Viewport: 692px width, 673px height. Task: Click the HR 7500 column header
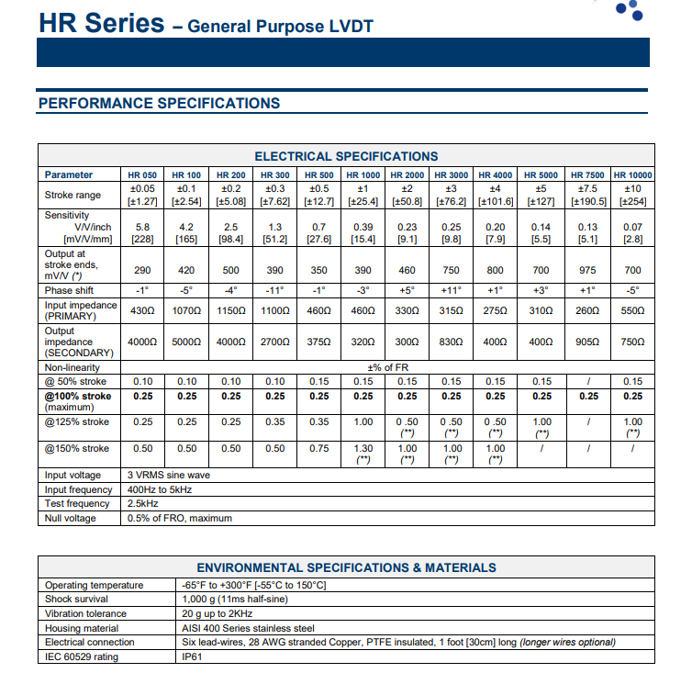587,174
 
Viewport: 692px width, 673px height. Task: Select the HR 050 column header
142,174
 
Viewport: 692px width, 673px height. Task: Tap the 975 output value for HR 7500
587,272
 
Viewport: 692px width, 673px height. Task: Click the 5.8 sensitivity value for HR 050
142,227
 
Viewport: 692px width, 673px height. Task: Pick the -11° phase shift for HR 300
275,291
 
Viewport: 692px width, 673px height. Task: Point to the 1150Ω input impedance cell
231,311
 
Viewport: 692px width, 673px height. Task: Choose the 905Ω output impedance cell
587,342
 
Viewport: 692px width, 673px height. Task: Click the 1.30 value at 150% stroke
363,448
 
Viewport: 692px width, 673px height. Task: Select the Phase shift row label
69,291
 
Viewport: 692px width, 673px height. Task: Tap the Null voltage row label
70,518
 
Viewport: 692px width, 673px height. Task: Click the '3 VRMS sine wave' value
169,476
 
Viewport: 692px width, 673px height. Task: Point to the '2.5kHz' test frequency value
142,504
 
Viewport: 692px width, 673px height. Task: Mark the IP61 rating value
192,656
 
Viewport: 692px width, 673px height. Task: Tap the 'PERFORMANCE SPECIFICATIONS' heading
159,104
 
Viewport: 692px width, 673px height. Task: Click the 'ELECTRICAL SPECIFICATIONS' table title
346,156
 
